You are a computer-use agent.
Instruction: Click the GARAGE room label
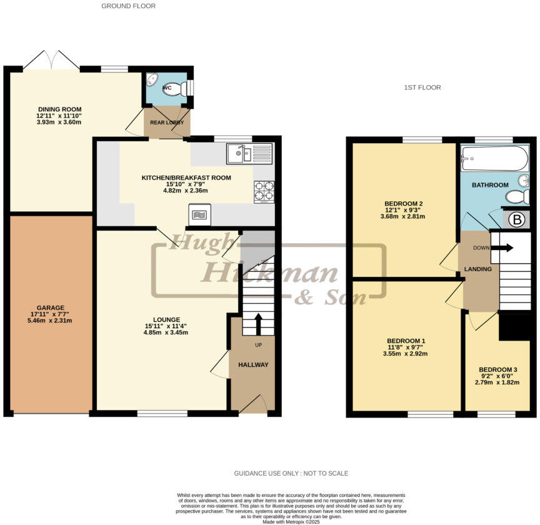(x=51, y=307)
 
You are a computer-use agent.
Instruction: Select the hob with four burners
(x=264, y=192)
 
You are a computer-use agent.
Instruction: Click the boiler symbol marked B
(x=517, y=220)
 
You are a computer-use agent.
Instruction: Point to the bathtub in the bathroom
(x=494, y=159)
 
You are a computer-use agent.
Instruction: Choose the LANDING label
(x=478, y=269)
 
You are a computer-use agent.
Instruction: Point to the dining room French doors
(x=51, y=61)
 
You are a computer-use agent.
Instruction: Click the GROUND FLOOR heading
(x=128, y=6)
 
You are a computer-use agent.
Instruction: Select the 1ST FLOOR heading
(x=422, y=87)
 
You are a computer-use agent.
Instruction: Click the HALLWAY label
(x=253, y=365)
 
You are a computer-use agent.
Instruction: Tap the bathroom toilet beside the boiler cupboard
(x=518, y=197)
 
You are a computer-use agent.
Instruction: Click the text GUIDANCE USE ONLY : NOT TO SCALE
(x=291, y=473)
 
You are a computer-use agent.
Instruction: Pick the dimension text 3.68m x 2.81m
(x=402, y=217)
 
